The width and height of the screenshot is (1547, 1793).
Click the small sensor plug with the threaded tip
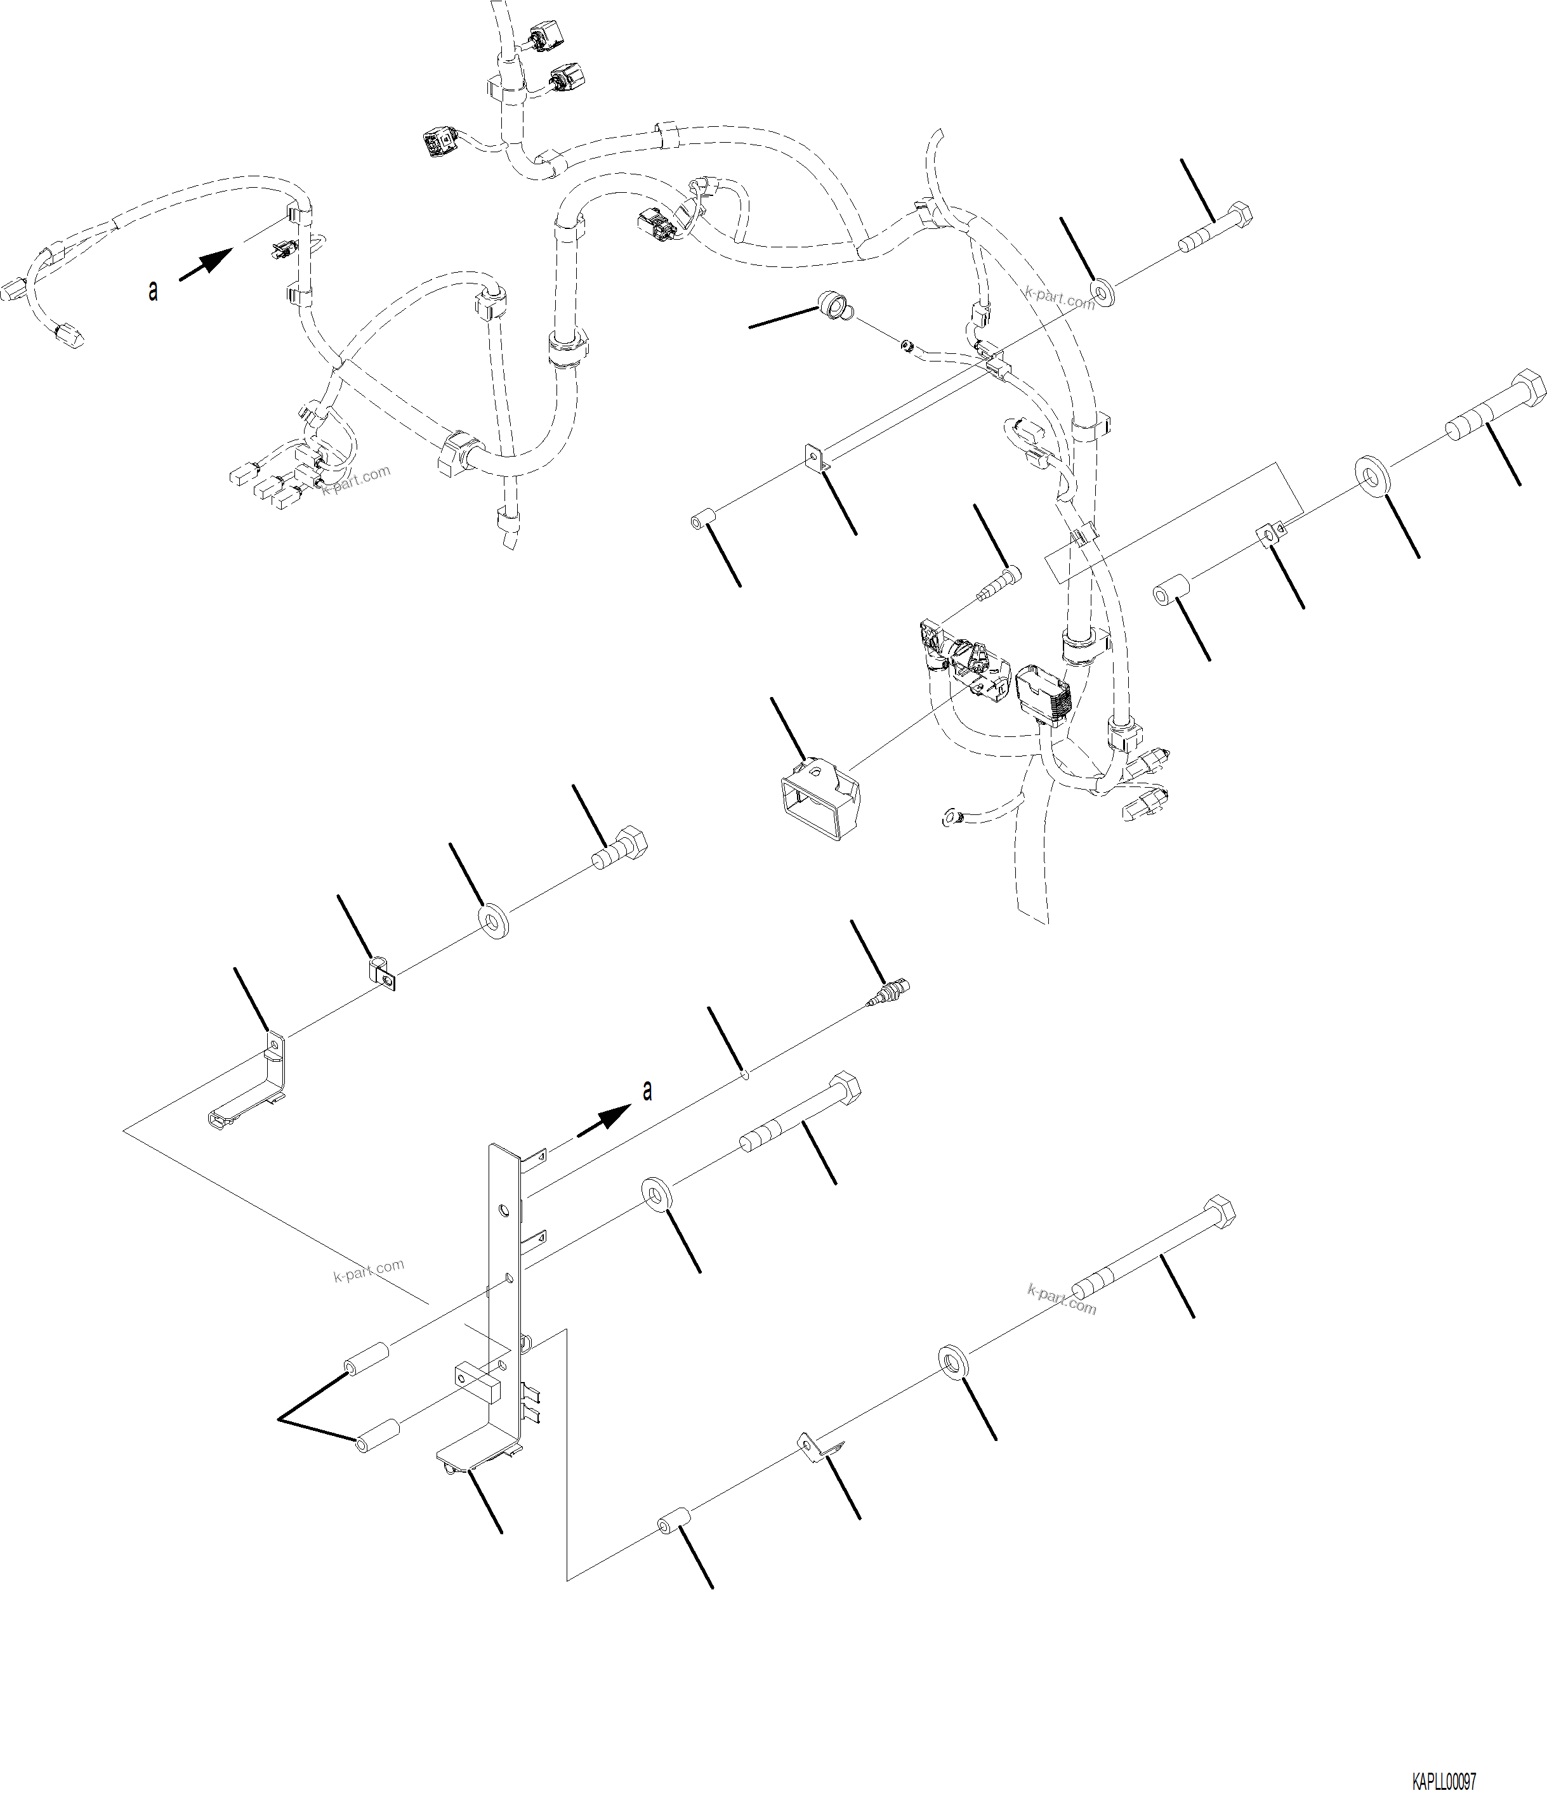890,993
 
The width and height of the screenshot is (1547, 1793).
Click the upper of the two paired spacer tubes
366,1359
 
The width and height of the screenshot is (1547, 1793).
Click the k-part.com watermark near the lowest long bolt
1062,1298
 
